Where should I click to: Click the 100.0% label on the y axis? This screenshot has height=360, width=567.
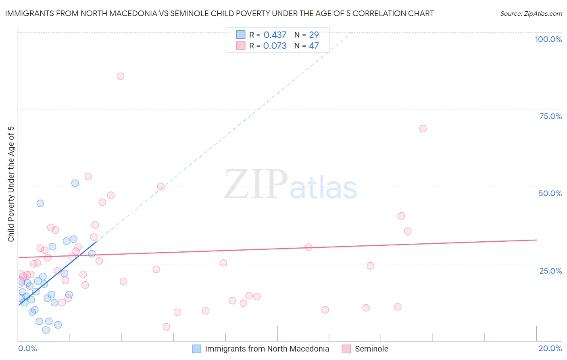pyautogui.click(x=548, y=39)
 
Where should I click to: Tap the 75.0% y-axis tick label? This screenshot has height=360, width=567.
pyautogui.click(x=550, y=116)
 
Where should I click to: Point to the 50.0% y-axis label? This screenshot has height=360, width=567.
pyautogui.click(x=550, y=193)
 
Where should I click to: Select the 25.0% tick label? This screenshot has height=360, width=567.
pyautogui.click(x=550, y=270)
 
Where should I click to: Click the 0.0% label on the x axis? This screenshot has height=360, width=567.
pyautogui.click(x=27, y=348)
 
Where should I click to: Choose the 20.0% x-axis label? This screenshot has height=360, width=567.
pyautogui.click(x=550, y=348)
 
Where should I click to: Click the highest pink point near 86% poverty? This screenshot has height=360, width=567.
pyautogui.click(x=120, y=76)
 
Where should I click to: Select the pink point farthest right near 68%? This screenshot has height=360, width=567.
pyautogui.click(x=423, y=129)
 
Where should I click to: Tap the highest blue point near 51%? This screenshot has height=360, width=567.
pyautogui.click(x=75, y=183)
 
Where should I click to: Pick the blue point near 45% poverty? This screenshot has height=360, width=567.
pyautogui.click(x=40, y=203)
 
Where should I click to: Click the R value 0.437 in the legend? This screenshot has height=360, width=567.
pyautogui.click(x=275, y=35)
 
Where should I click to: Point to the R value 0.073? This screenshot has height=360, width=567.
pyautogui.click(x=275, y=46)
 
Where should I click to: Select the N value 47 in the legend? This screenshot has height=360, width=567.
pyautogui.click(x=314, y=46)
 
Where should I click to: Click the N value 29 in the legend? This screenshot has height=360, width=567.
pyautogui.click(x=314, y=35)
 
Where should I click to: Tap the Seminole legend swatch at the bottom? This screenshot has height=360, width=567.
pyautogui.click(x=346, y=349)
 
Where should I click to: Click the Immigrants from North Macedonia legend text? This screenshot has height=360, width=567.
pyautogui.click(x=267, y=349)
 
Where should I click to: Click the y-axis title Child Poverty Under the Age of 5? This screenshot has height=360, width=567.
pyautogui.click(x=11, y=184)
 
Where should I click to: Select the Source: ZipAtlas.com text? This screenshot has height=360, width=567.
pyautogui.click(x=531, y=14)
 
